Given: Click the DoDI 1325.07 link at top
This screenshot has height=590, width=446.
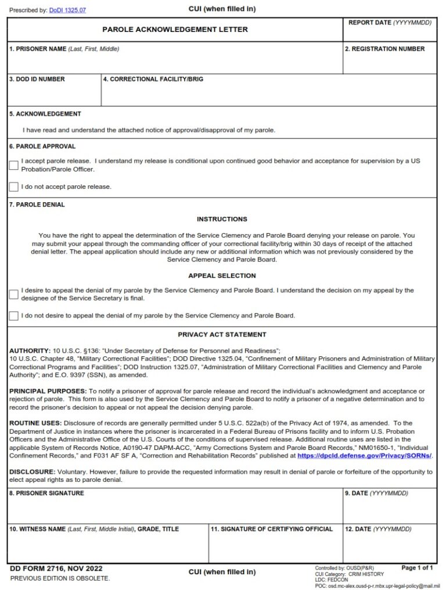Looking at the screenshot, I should point(67,10).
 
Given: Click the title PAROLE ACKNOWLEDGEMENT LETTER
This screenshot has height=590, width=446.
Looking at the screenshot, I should point(175,29).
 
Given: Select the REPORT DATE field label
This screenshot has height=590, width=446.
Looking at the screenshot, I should point(390,22).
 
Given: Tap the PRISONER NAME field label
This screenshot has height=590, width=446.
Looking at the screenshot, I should point(64,49).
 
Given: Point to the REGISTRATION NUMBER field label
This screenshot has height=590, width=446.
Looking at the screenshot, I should point(384,49).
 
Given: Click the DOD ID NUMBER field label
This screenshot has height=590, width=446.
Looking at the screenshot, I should point(37,79).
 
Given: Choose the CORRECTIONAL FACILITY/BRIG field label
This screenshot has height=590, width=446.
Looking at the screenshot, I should point(153,79).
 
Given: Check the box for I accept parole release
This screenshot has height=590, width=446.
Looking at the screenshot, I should point(13,165).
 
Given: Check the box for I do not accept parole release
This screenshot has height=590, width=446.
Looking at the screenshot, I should point(13,187).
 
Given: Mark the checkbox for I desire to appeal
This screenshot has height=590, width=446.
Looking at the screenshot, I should point(13,294).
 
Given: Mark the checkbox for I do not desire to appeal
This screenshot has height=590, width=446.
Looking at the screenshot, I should point(13,316).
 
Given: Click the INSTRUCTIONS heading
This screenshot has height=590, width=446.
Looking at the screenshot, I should point(222,219).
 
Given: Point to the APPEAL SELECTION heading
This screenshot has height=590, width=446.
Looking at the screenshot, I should point(222,276).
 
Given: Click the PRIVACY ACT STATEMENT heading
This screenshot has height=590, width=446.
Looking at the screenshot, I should point(222,335).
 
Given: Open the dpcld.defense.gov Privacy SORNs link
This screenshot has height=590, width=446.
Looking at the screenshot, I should point(364,456).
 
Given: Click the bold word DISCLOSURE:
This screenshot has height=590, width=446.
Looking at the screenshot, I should point(33,472).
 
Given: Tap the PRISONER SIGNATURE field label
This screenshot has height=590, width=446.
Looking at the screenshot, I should point(46,493).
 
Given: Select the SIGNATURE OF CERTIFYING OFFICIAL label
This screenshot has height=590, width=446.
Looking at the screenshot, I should point(272,529).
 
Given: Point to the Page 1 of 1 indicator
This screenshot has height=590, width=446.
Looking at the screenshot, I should point(417,567).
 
